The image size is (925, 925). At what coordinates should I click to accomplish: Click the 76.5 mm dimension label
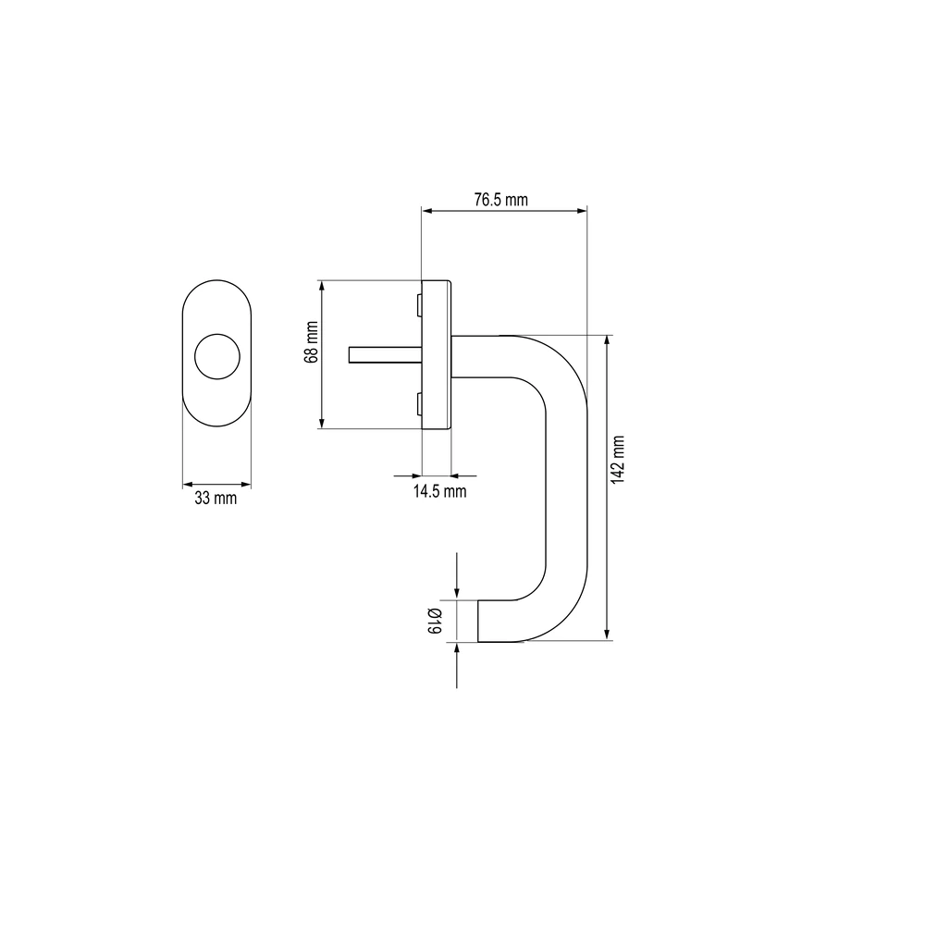(x=500, y=200)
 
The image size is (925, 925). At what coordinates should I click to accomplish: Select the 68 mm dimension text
(x=312, y=342)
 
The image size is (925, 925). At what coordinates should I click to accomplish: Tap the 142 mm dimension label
(x=617, y=460)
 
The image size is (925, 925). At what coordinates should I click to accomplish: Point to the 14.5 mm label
(x=439, y=491)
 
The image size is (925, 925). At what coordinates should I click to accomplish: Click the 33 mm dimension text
(x=216, y=499)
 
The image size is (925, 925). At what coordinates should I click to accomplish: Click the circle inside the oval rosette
(x=217, y=356)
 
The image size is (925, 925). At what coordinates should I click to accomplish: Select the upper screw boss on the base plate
(x=419, y=305)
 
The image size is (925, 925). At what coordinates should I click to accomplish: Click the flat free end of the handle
(x=478, y=621)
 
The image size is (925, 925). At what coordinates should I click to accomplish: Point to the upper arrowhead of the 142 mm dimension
(x=607, y=341)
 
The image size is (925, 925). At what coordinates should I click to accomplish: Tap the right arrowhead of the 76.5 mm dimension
(x=581, y=211)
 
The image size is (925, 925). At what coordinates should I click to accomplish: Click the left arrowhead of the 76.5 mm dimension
(x=427, y=211)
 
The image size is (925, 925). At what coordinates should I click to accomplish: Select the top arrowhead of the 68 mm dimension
(x=322, y=287)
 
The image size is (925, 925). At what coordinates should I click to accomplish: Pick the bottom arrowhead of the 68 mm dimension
(x=322, y=423)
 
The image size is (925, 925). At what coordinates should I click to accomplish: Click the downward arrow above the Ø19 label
(x=457, y=575)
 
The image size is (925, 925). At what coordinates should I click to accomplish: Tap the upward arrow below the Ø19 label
(x=457, y=665)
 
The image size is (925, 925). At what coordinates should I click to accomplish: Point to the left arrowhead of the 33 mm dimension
(x=189, y=485)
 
